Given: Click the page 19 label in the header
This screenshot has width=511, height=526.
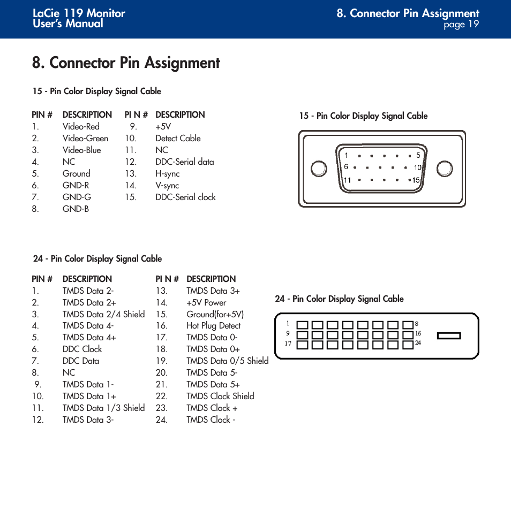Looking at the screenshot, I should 461,25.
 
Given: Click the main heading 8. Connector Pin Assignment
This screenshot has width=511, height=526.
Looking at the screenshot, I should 126,63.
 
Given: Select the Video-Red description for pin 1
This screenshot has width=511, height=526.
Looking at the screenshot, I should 81,126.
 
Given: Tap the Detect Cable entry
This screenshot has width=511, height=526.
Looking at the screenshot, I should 178,138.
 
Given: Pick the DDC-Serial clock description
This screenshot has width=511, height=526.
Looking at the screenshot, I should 185,197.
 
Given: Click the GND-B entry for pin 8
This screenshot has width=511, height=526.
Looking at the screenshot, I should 76,209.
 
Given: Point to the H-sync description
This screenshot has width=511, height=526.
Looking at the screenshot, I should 167,173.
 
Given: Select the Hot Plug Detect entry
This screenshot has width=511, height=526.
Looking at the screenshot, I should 213,325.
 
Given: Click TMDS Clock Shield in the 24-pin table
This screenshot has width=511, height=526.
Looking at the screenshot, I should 220,396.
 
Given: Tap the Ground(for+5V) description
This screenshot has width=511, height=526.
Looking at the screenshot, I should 215,314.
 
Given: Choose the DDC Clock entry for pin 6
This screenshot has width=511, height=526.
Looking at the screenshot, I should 82,349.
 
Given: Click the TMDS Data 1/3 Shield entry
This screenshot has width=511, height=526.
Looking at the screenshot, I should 103,408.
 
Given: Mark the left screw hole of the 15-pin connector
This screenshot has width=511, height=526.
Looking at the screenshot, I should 319,169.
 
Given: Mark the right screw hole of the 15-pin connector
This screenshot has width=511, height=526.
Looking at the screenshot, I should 445,169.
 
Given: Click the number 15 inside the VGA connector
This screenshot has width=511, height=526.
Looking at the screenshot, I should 416,180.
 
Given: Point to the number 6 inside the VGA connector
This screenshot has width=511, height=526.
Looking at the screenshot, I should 346,167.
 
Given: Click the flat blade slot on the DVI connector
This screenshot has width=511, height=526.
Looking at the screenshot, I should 449,336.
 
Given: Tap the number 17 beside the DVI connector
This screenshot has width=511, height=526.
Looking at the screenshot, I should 288,344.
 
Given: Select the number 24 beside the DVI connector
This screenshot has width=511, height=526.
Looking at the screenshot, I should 418,343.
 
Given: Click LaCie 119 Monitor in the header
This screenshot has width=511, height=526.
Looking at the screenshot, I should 79,13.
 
